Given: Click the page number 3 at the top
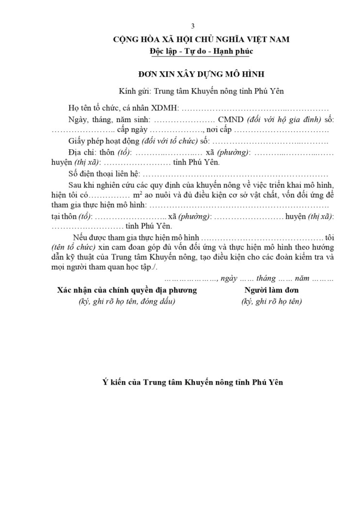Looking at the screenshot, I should click(193, 26).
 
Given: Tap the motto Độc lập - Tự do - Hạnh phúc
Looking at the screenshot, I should click(201, 51).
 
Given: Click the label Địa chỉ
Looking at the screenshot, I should click(81, 153).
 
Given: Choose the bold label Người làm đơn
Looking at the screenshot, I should click(271, 290).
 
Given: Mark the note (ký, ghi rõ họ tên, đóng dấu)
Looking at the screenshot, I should click(127, 302).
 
